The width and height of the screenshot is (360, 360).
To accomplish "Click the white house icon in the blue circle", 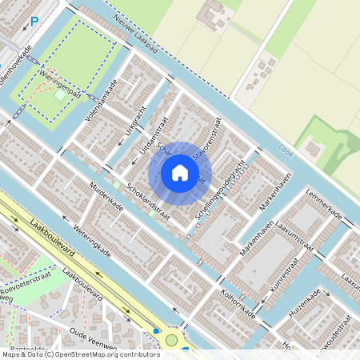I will (x=180, y=173).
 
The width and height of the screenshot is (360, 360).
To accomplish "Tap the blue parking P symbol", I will (x=34, y=22).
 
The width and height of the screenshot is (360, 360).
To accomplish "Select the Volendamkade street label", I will (x=102, y=100).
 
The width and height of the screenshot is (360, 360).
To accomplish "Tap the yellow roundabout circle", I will (x=170, y=341).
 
